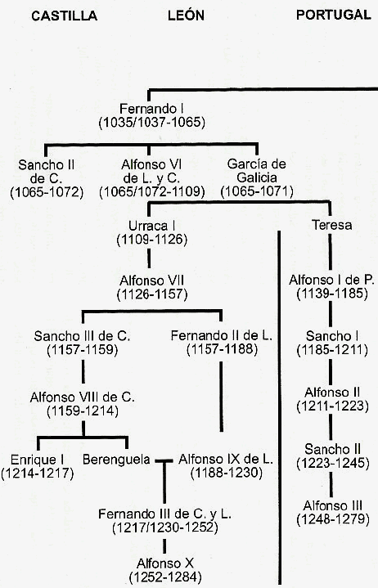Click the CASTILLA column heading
coord(64,16)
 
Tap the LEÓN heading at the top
coord(186,15)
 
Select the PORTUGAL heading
coord(333,15)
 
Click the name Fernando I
coord(151,109)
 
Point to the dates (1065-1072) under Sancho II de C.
coord(47,192)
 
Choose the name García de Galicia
coord(257,171)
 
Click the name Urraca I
coord(151,226)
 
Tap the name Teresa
coord(332,225)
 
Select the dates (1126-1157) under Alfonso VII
coord(152,294)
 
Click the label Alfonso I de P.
coord(331,280)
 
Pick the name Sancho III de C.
coord(82,336)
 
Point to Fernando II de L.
coord(221,335)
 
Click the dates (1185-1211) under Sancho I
coord(332,350)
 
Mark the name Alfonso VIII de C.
coord(82,397)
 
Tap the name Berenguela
coord(116,460)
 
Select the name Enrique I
coord(37,460)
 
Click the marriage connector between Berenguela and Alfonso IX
coord(164,460)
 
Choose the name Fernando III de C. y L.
coord(164,514)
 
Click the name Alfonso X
coord(165,563)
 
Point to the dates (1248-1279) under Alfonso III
coord(333,519)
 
